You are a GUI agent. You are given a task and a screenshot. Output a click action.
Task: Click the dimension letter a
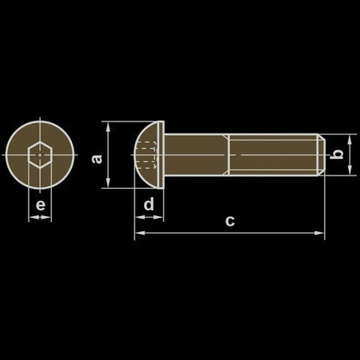[x=97, y=159]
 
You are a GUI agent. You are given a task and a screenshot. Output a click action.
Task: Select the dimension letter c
[x=230, y=220]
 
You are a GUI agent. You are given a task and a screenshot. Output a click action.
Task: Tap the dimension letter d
[x=149, y=204]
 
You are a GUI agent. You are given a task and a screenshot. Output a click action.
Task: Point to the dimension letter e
[x=40, y=205]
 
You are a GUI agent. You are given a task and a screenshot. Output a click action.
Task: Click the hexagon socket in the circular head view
[x=40, y=155]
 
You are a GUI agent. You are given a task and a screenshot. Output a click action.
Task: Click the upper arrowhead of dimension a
[x=108, y=127]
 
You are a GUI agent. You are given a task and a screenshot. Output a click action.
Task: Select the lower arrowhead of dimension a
[x=108, y=182]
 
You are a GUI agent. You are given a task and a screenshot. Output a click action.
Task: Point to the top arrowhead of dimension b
[x=349, y=139]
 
